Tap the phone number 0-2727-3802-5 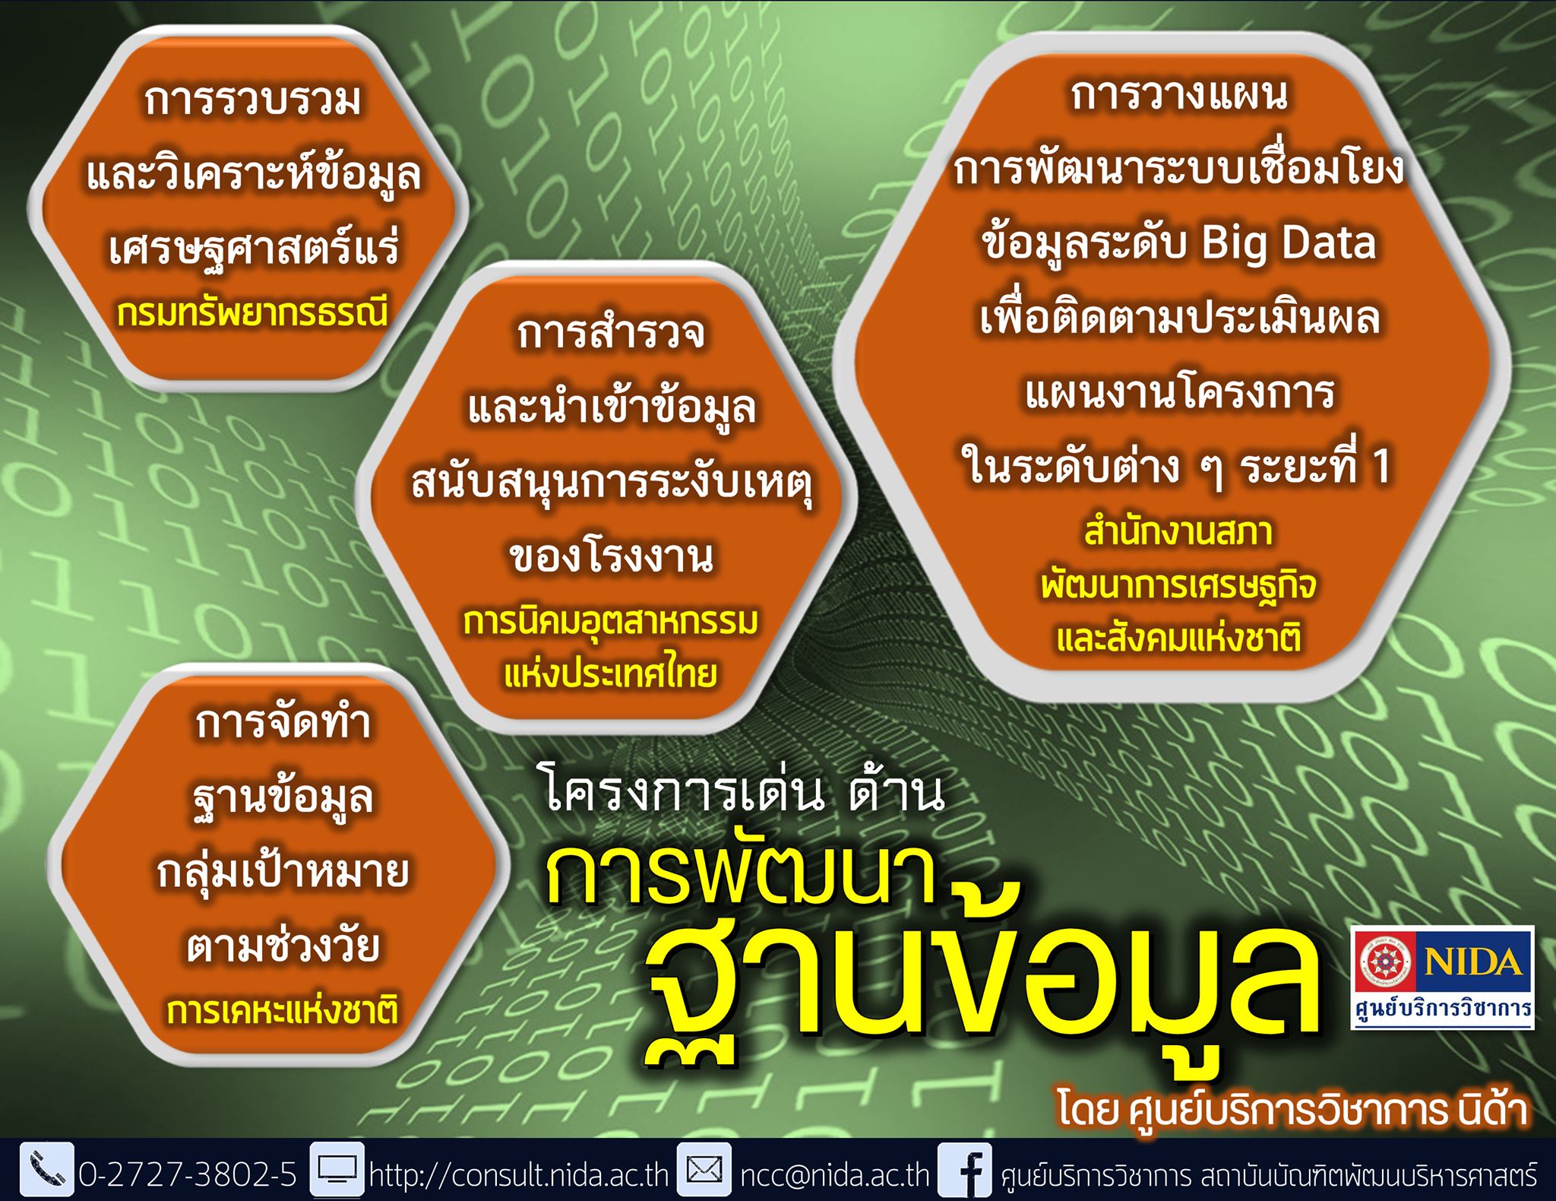point(188,1175)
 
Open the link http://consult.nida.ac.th point(519,1175)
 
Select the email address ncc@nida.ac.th point(835,1175)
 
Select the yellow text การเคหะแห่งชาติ point(283,1012)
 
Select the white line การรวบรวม point(252,101)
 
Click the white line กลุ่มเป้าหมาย point(283,872)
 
